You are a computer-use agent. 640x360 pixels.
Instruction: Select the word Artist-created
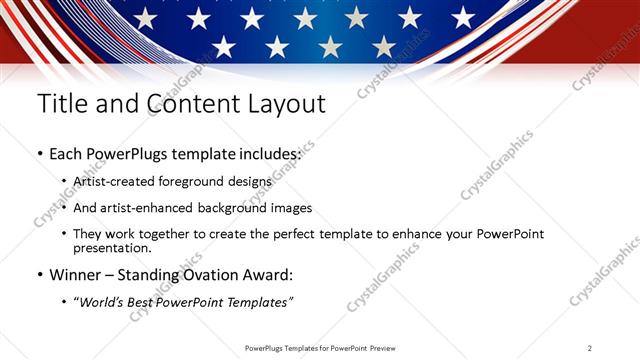(115, 182)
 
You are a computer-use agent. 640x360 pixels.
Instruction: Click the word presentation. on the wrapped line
(112, 248)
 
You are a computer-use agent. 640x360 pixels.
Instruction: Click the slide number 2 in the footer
(589, 348)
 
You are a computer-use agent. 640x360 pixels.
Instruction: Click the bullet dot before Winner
(39, 274)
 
